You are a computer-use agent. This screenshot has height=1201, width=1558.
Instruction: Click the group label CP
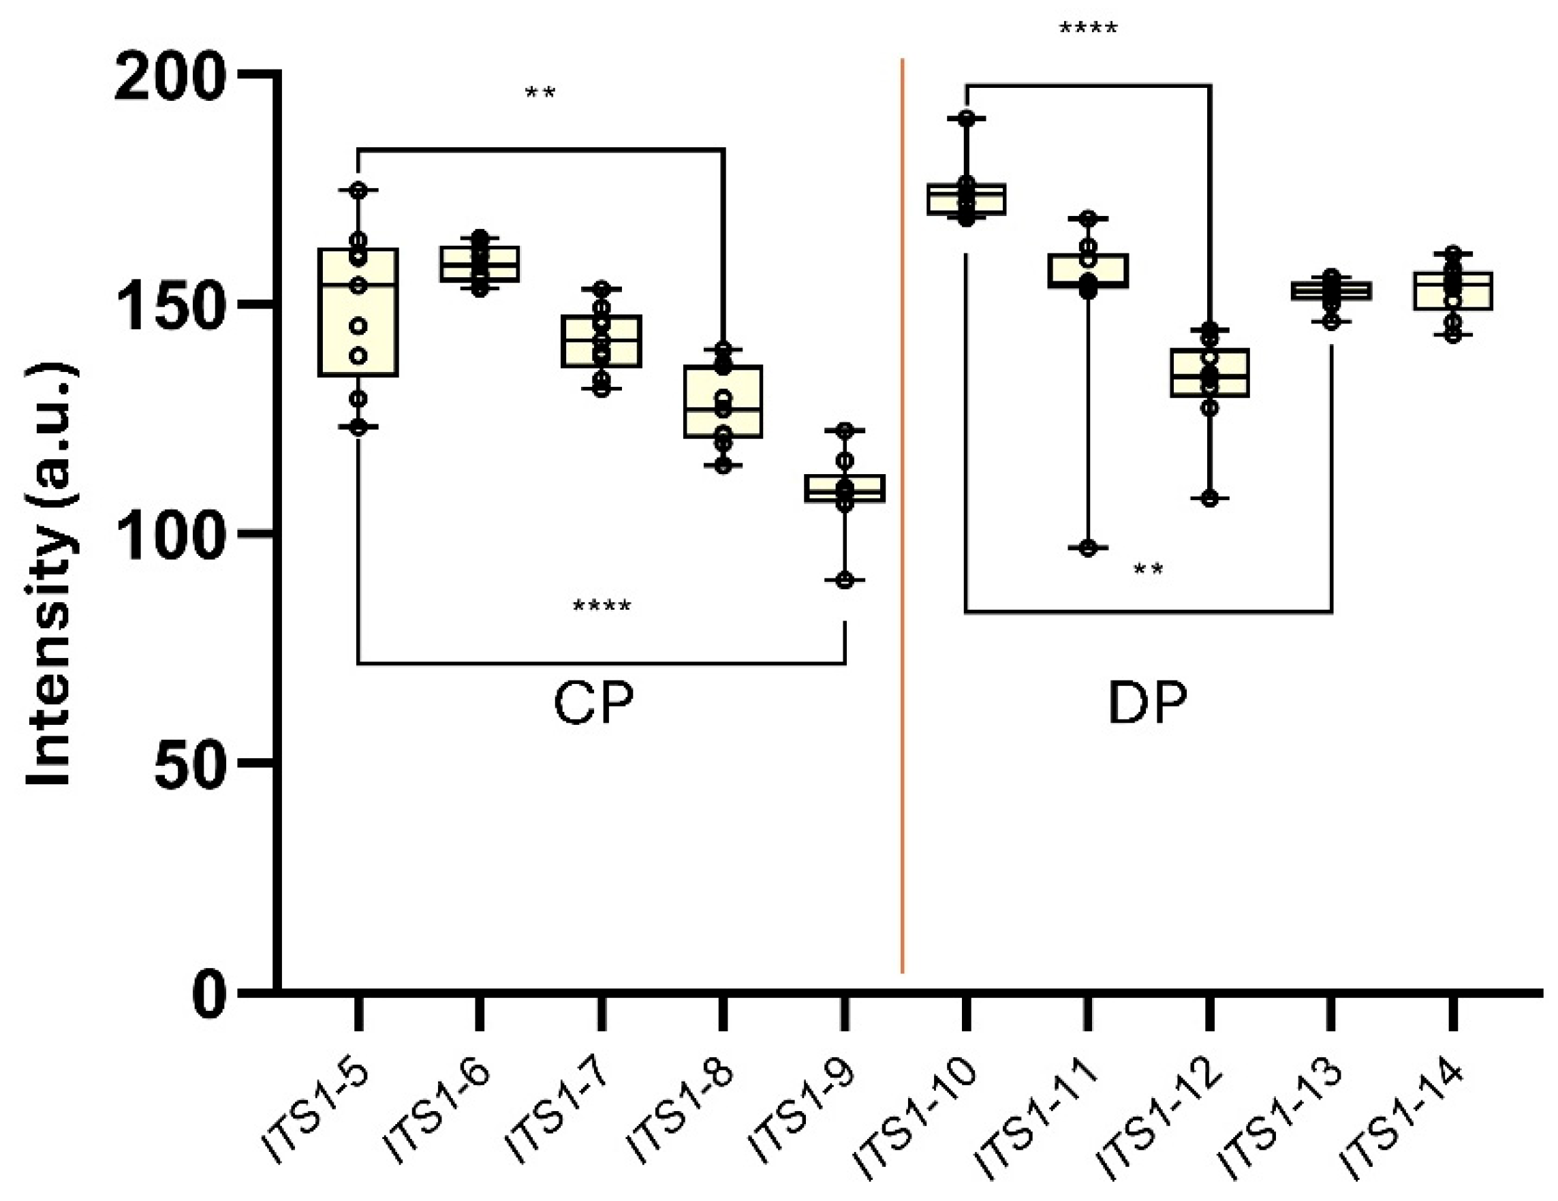pyautogui.click(x=593, y=704)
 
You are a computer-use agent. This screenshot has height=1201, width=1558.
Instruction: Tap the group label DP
pyautogui.click(x=1148, y=704)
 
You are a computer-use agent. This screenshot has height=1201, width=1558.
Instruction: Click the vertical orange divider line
pyautogui.click(x=903, y=514)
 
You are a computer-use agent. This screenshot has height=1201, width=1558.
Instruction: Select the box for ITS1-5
pyautogui.click(x=358, y=312)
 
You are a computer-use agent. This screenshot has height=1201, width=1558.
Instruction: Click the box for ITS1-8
pyautogui.click(x=723, y=401)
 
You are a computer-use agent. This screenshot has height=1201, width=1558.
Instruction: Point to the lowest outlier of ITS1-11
pyautogui.click(x=1088, y=548)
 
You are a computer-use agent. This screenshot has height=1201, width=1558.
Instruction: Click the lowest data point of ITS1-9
pyautogui.click(x=845, y=580)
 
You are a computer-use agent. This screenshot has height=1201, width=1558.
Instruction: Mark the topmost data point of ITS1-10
pyautogui.click(x=966, y=119)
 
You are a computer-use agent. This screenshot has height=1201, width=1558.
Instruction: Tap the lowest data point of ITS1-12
pyautogui.click(x=1210, y=499)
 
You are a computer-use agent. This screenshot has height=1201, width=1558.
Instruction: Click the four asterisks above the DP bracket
pyautogui.click(x=1088, y=29)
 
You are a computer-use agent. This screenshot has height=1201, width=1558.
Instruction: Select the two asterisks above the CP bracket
pyautogui.click(x=540, y=93)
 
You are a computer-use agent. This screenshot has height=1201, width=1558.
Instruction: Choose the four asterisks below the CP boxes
pyautogui.click(x=602, y=607)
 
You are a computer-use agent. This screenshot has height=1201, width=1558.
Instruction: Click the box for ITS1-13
pyautogui.click(x=1331, y=291)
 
